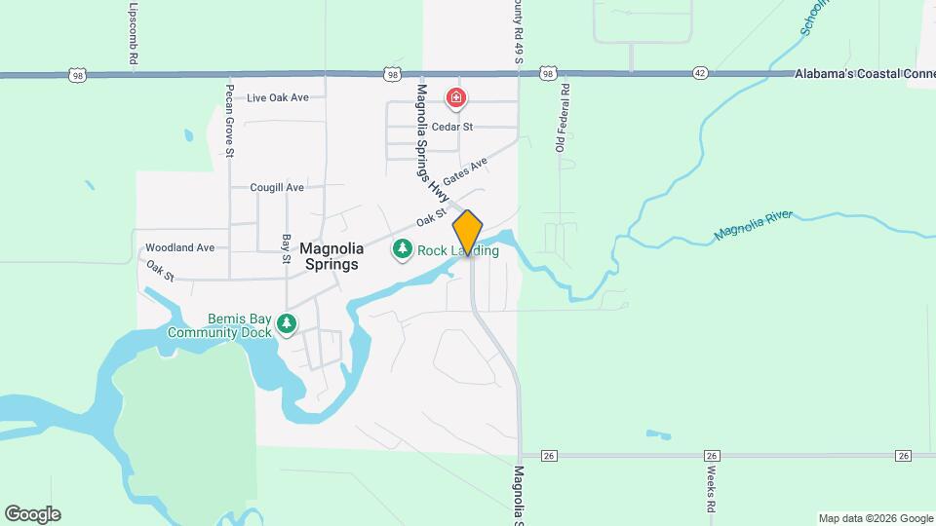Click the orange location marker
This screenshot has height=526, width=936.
[x=468, y=233]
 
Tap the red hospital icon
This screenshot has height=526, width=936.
[x=455, y=97]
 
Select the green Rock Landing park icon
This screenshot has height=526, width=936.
[x=402, y=250]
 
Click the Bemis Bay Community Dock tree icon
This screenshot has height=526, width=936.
[x=286, y=323]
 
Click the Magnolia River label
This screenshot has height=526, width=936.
[x=754, y=225]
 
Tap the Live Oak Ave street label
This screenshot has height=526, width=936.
[x=278, y=97]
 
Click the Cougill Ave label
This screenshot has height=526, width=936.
[x=277, y=187]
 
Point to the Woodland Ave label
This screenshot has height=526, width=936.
[x=179, y=247]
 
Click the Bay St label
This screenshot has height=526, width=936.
[x=287, y=248]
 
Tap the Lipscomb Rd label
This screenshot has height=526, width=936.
[x=132, y=34]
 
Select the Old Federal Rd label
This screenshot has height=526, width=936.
[x=562, y=119]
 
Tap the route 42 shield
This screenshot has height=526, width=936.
[x=701, y=73]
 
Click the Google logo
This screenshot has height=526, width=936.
[x=32, y=514]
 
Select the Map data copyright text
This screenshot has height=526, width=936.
[x=875, y=518]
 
